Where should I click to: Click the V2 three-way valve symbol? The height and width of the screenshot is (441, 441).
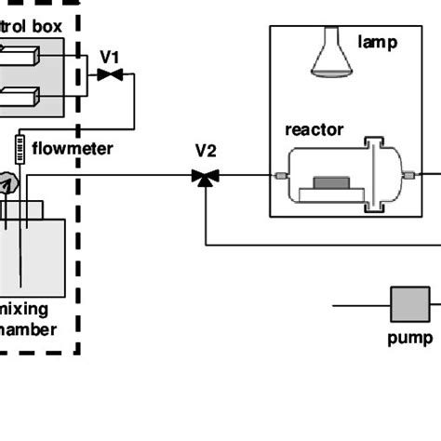tap(205, 176)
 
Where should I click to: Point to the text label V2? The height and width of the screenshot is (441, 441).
tap(207, 150)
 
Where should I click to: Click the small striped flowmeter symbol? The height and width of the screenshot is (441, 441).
tap(18, 147)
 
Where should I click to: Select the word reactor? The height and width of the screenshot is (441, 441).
tap(314, 130)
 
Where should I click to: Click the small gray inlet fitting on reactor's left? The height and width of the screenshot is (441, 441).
tap(279, 176)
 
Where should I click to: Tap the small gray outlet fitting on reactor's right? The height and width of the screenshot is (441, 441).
tap(410, 174)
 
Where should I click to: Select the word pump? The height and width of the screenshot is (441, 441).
tap(409, 338)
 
